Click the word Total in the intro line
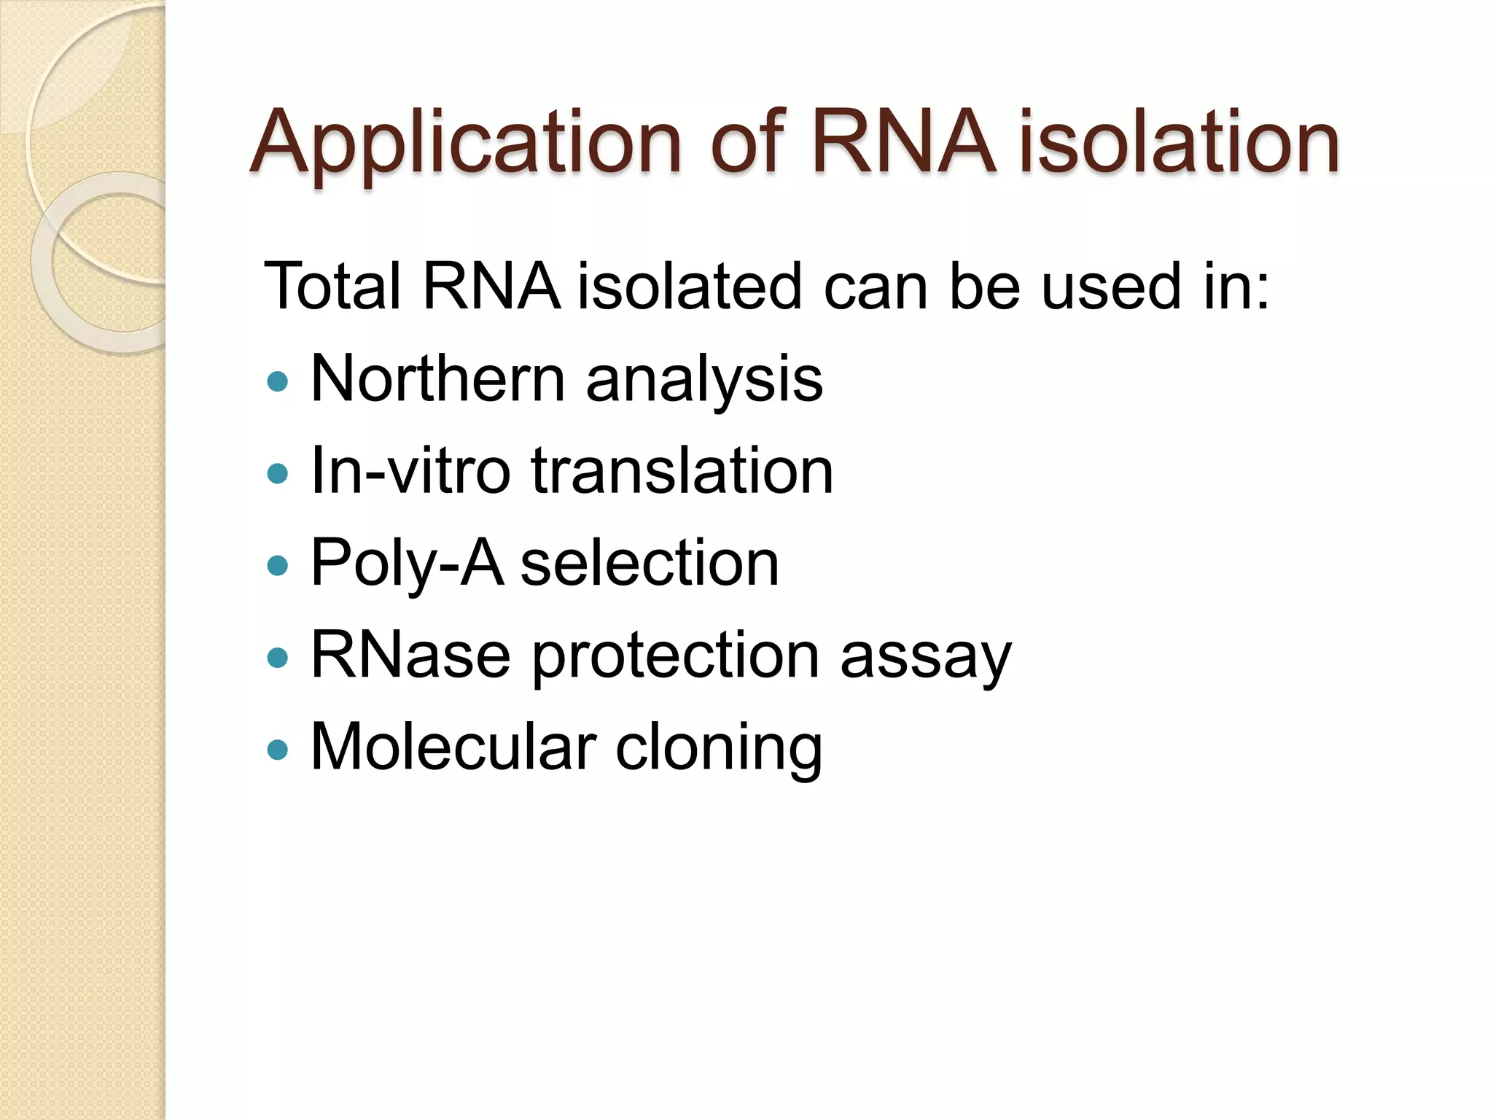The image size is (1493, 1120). [332, 287]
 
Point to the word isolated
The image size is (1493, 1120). [690, 287]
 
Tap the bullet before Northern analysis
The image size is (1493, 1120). [278, 381]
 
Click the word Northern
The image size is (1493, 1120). [437, 379]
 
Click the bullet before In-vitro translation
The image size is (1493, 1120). [278, 474]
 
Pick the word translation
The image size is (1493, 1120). [682, 471]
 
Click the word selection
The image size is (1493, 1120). [650, 564]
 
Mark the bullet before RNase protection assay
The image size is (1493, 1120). [278, 658]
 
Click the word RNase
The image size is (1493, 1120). [410, 655]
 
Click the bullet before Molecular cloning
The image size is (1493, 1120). [278, 750]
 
